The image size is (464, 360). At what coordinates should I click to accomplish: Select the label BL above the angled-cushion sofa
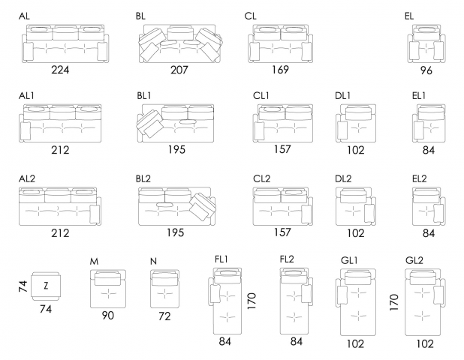coord(142,16)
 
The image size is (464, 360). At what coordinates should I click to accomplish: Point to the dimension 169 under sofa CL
coord(281,70)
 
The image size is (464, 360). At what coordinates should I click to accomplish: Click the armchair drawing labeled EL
coord(426,43)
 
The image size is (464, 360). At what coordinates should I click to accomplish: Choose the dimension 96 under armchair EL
coord(426,71)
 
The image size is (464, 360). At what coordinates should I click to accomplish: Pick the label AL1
coord(28,96)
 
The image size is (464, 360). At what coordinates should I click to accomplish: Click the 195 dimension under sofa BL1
coord(174,150)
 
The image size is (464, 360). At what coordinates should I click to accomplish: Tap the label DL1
coord(343,96)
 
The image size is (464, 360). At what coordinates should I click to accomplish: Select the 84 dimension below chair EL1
coord(429,150)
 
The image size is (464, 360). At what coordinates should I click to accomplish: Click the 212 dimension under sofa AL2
coord(60,232)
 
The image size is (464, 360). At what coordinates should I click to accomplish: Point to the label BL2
coord(143,178)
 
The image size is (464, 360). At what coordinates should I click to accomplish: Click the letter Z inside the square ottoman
coord(46,285)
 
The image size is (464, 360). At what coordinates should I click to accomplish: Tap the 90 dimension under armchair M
coord(108,316)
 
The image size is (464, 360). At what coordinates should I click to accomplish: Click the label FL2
coord(288,259)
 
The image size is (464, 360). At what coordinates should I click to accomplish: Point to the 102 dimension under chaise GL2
coord(425,344)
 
